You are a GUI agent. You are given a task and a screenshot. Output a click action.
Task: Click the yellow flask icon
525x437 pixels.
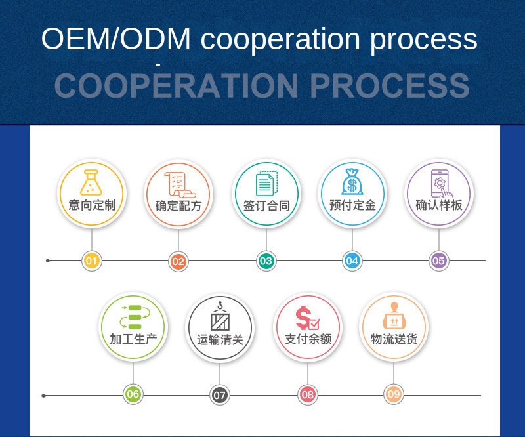coord(92,182)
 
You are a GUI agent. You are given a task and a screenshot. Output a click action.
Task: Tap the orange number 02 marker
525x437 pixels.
coord(178,261)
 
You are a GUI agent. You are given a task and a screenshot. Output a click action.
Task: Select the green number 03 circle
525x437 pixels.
coord(266,261)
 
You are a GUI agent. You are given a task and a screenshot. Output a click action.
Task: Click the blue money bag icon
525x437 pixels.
coord(352,182)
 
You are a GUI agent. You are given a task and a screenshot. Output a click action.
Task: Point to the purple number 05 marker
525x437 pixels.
coord(439,261)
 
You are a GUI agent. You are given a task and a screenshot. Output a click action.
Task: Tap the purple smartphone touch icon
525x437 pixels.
coord(440,183)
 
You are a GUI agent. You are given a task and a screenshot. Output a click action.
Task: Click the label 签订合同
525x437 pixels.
coord(266,205)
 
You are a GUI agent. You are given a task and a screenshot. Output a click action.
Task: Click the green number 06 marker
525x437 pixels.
coord(133,394)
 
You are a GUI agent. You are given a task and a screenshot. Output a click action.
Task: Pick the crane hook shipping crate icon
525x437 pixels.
coord(220,316)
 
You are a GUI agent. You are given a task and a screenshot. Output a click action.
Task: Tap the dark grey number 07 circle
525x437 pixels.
coord(220,395)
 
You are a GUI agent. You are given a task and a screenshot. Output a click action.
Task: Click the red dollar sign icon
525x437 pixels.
coord(306,318)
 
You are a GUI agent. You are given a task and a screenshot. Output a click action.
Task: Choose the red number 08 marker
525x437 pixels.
coord(307,395)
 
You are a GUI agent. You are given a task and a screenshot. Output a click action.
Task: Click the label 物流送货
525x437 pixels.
coord(394,339)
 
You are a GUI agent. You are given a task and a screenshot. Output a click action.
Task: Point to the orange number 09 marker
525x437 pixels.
coord(394,394)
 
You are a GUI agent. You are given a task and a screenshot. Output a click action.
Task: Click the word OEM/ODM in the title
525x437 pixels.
coord(116,39)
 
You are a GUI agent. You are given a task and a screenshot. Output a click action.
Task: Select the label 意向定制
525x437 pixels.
coord(92,205)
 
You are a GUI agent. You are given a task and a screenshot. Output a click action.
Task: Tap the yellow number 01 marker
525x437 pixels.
coord(92,261)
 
